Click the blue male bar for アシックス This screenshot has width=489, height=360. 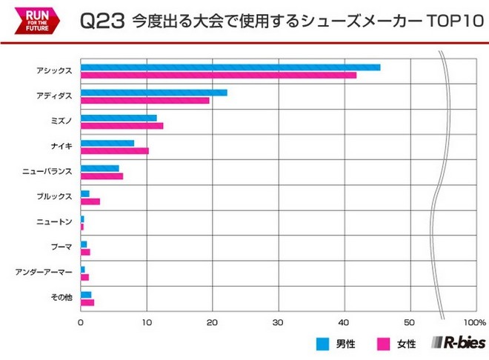(230, 67)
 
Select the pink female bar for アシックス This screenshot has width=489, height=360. (218, 75)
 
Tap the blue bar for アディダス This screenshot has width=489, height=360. (153, 93)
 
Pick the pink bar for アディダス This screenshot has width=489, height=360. (144, 100)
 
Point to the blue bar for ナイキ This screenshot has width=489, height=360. (107, 143)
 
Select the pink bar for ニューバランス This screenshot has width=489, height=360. (102, 176)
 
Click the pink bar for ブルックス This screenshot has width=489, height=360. (90, 201)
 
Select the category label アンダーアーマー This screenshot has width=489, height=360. (44, 273)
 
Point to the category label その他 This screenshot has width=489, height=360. (61, 298)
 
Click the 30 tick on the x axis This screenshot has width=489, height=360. (278, 323)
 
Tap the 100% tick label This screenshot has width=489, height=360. (474, 323)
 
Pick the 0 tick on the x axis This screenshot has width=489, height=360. (81, 323)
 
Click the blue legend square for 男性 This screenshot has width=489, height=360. (322, 344)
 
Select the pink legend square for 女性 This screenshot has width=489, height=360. (383, 344)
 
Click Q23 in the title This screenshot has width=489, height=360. (102, 21)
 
